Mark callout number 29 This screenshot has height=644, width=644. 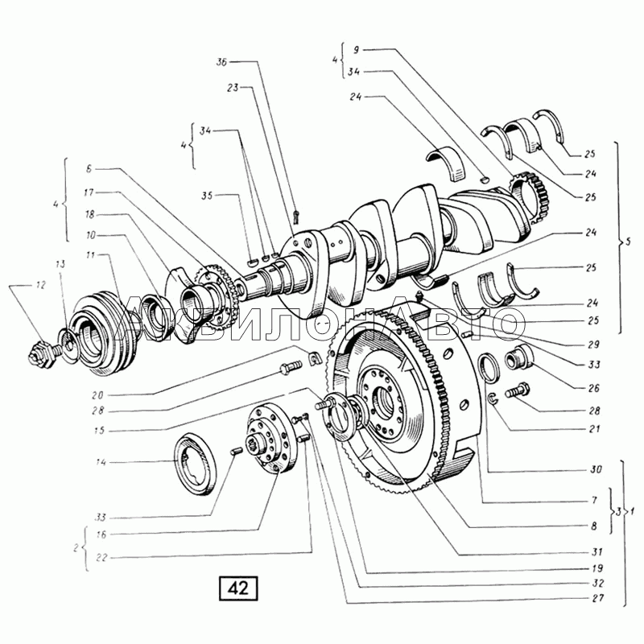(x=593, y=343)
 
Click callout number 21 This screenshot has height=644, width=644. (x=593, y=429)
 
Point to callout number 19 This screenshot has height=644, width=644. (x=593, y=566)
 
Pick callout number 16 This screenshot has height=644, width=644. (x=102, y=534)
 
